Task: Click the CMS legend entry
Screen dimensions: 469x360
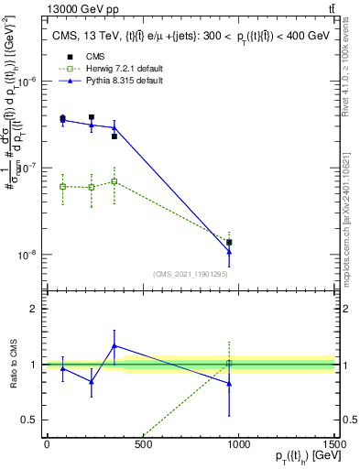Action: click(x=92, y=57)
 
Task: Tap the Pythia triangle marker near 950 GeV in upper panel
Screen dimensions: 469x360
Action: click(x=229, y=251)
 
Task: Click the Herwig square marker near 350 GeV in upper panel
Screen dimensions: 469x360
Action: click(x=114, y=181)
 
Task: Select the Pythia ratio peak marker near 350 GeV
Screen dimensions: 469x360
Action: click(x=114, y=345)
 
